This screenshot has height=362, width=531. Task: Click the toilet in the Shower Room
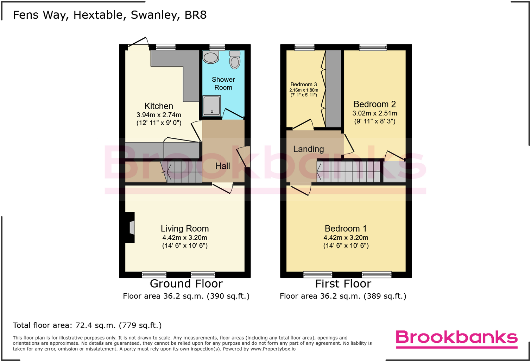tap(235, 60)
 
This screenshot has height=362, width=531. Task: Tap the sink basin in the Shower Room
tap(211, 57)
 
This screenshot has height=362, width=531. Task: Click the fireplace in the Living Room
tap(131, 227)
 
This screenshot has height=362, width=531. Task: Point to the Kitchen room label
tap(159, 106)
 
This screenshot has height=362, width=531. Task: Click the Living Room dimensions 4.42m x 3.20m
tap(185, 238)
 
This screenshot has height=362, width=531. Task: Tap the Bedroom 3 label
tap(304, 85)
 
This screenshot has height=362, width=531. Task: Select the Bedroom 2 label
tap(374, 104)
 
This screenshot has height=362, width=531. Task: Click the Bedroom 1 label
tap(346, 229)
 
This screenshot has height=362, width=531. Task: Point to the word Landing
tap(309, 149)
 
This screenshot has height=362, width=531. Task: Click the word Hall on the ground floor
tap(223, 166)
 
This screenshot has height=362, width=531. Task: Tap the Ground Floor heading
tap(186, 283)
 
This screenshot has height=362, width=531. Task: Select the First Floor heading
tap(343, 283)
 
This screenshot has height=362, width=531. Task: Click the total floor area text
tap(87, 325)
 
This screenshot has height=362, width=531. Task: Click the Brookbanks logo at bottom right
tap(457, 338)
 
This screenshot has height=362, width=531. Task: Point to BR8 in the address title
tap(196, 15)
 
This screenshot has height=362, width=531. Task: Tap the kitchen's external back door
tap(138, 43)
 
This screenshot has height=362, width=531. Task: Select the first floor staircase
tap(348, 171)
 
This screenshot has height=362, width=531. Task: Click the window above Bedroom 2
tap(373, 47)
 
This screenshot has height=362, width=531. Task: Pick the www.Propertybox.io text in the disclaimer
tap(273, 349)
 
